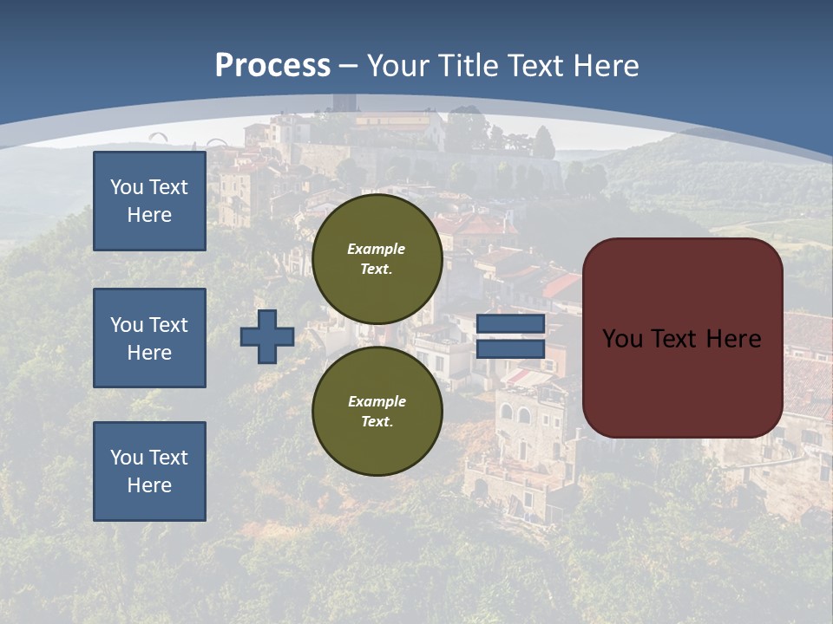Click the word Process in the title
point(272,66)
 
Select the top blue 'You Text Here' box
point(149,201)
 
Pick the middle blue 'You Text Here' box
point(149,338)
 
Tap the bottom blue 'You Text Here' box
point(149,471)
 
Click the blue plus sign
point(267,336)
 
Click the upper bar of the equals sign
point(510,324)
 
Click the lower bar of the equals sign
point(510,348)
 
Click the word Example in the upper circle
point(377,249)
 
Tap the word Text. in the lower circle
point(377,422)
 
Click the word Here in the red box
point(732,339)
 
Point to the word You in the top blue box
point(127,187)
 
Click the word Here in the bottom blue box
point(149,485)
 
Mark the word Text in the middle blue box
point(168,325)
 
